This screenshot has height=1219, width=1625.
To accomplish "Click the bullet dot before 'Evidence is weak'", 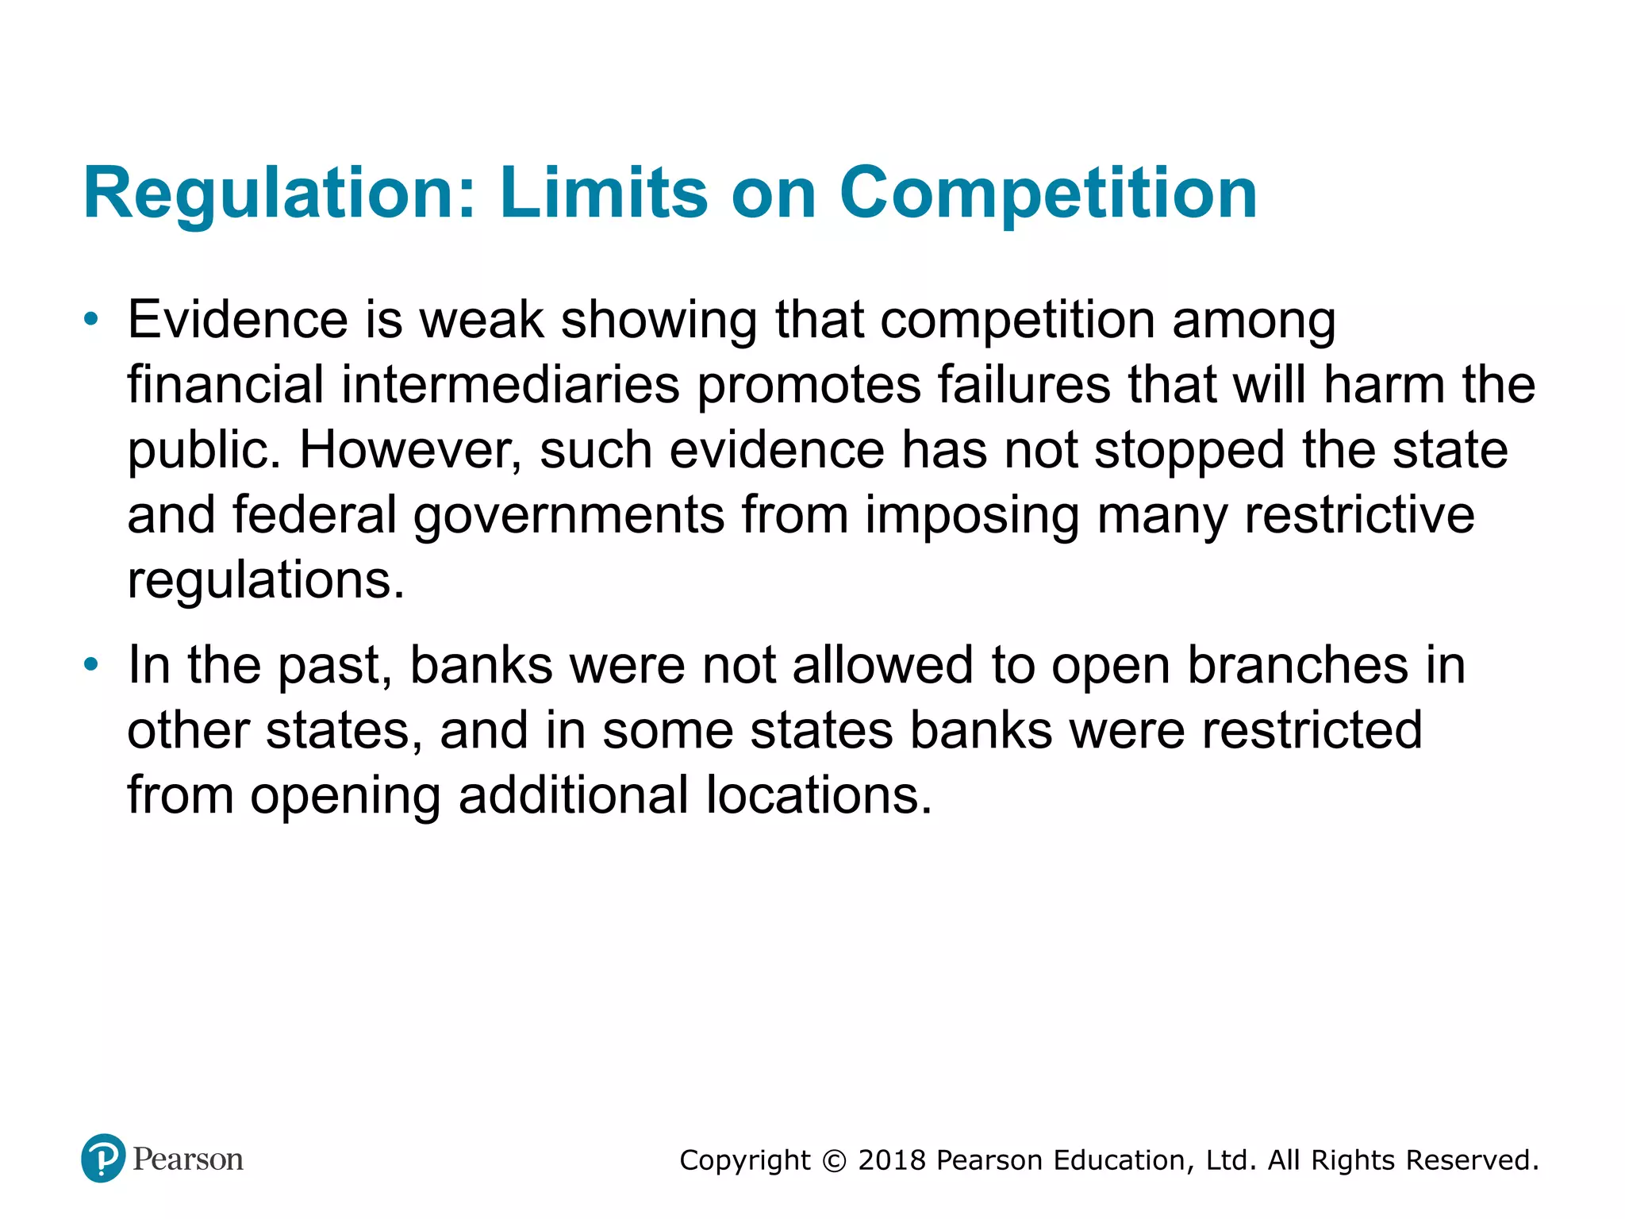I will point(92,320).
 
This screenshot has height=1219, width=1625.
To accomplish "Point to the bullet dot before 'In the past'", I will point(92,664).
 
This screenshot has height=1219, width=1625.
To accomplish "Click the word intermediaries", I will point(510,385).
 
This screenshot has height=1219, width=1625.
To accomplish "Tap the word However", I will point(410,450).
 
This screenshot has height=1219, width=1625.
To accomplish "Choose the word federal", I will point(314,515).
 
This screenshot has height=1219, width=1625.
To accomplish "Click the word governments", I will point(569,515).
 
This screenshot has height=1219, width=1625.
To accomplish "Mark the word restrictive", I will point(1359,515).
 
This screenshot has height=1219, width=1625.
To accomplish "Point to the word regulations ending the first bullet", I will point(265,580).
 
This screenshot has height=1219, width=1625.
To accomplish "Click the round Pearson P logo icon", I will point(103,1158).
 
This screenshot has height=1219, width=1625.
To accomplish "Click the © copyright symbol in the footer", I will point(834,1160).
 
